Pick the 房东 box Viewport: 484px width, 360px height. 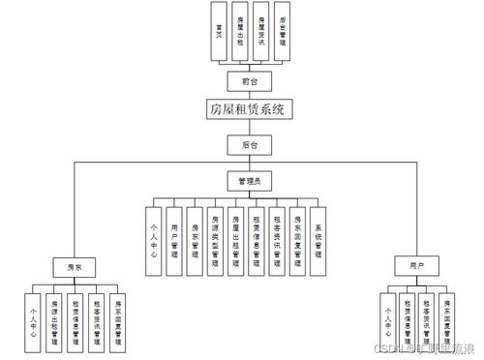point(75,263)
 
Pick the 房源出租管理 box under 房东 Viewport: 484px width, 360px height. point(55,320)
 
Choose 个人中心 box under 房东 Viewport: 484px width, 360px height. point(36,320)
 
